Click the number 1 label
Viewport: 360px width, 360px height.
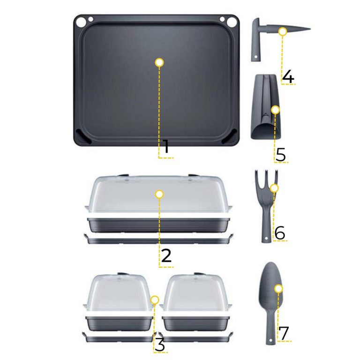click(x=166, y=146)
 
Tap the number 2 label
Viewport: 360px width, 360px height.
click(x=166, y=255)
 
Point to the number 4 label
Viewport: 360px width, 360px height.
click(x=288, y=77)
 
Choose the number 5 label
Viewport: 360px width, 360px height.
click(x=281, y=155)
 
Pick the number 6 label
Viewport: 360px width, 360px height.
click(x=280, y=233)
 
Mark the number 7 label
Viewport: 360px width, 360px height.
click(x=284, y=333)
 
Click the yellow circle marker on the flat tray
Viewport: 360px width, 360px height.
click(x=159, y=62)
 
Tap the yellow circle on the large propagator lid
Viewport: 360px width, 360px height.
click(x=159, y=194)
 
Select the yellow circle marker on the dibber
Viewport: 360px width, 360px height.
click(x=283, y=31)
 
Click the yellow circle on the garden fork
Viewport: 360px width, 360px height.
click(x=274, y=188)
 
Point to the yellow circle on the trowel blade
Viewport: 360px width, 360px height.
click(x=278, y=289)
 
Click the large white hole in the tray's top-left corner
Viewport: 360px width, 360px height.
click(x=81, y=22)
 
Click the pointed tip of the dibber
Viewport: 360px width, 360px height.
click(x=310, y=29)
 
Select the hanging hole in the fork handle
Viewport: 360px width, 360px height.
click(x=266, y=238)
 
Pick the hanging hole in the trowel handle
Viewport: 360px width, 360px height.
click(x=271, y=340)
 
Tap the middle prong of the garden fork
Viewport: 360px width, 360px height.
click(x=267, y=178)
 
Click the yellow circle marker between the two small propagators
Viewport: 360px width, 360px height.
click(x=155, y=300)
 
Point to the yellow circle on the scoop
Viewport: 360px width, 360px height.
click(x=275, y=110)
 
